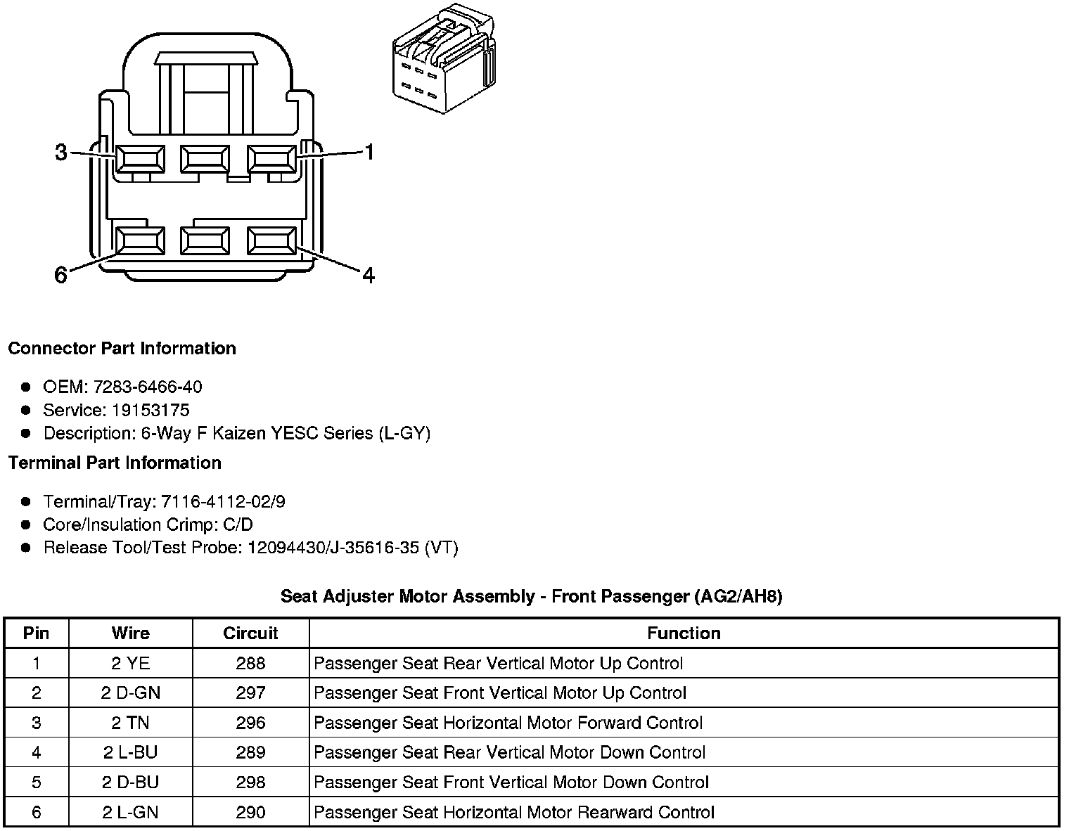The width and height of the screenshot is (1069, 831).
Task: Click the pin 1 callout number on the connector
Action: pos(369,152)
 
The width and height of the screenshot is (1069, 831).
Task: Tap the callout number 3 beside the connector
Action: pos(61,152)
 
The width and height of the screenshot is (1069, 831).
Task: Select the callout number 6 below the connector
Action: pos(61,275)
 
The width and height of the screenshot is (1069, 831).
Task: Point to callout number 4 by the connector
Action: pos(369,275)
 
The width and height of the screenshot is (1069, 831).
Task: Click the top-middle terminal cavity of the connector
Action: pos(205,159)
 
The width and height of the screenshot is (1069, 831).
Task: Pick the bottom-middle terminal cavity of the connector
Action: pos(205,241)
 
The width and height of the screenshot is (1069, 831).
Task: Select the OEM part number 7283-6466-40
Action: pos(147,387)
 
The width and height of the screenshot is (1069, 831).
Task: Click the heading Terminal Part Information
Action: pos(115,463)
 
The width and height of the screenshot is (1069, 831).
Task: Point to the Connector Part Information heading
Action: pos(122,349)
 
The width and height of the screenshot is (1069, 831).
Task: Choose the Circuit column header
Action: pos(250,633)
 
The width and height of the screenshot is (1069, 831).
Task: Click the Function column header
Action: pos(684,633)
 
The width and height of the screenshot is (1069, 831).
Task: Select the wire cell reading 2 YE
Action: pos(130,663)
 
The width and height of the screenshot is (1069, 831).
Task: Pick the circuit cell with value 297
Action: pos(250,692)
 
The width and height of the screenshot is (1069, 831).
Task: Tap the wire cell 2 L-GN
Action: pos(130,812)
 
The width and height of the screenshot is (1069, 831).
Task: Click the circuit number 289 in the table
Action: pos(250,752)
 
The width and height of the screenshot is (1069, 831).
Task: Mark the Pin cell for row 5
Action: pos(37,782)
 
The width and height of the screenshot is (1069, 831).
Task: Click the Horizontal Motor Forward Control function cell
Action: pos(508,723)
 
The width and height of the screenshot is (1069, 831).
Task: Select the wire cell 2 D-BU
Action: pos(130,782)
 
